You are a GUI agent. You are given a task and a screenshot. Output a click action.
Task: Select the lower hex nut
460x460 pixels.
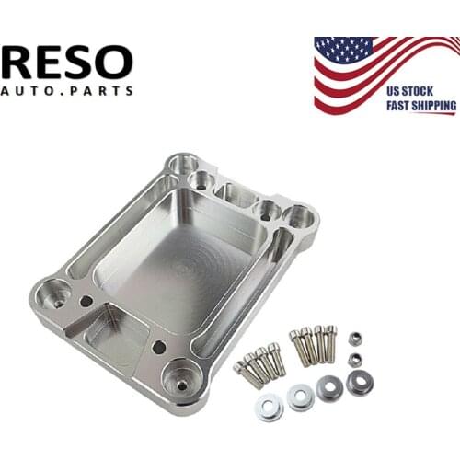click(x=353, y=358)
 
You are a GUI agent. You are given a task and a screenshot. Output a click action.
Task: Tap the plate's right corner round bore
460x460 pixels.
click(x=298, y=217)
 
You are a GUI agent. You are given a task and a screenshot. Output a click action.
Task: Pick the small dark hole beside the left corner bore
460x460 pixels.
click(x=86, y=301)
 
